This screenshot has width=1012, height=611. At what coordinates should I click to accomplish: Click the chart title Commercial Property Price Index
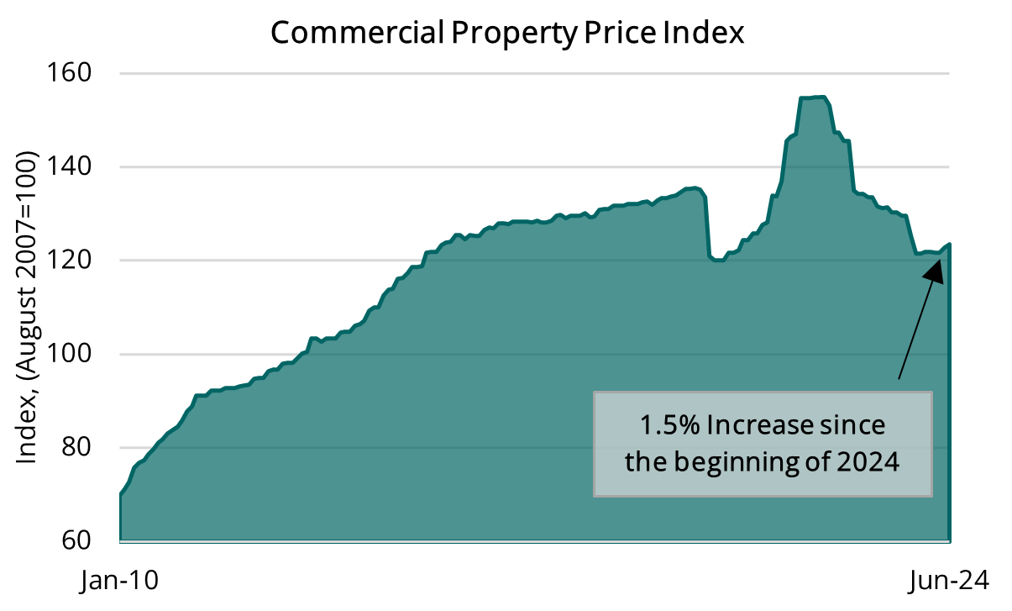coord(506,33)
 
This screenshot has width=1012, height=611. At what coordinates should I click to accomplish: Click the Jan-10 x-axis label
coord(119,582)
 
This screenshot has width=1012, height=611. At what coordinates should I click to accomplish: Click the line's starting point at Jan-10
coord(121,494)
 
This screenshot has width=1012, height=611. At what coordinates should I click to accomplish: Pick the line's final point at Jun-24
coord(949,245)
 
